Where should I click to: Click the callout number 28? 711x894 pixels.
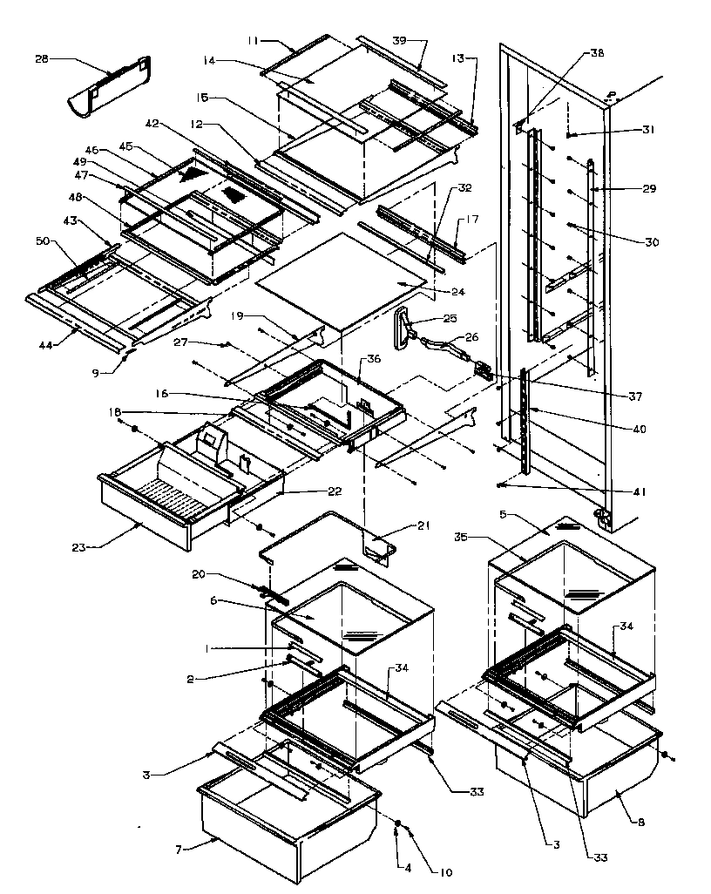coord(41,58)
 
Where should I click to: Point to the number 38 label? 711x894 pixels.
coord(596,52)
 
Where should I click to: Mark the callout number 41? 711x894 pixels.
coord(640,492)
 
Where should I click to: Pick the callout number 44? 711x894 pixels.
coord(45,345)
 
